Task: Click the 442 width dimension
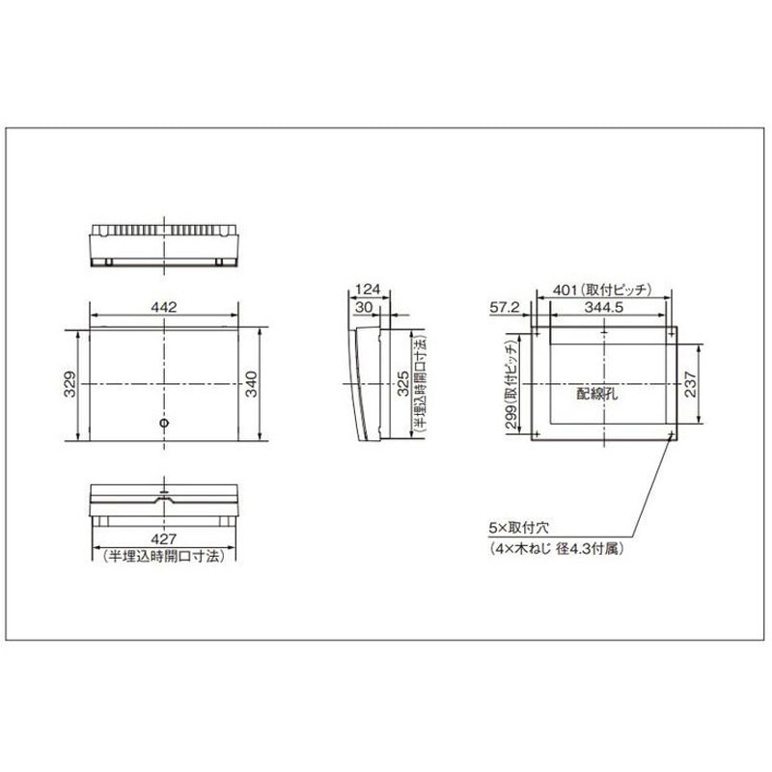tap(163, 307)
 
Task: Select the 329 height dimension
tap(69, 384)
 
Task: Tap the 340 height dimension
tap(252, 384)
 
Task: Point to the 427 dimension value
tap(163, 539)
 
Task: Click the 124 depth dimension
tap(368, 289)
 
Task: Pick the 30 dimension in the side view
tap(364, 307)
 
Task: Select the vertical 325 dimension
tap(403, 384)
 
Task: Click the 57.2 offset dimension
tap(505, 307)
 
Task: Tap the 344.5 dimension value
tap(604, 307)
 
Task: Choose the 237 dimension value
tap(691, 384)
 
